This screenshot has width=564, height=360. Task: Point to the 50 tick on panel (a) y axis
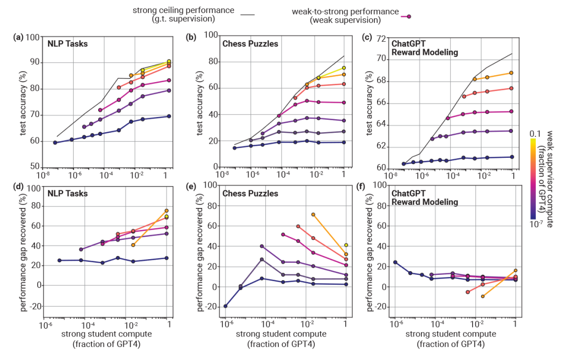point(34,167)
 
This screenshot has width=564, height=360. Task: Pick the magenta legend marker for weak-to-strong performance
point(409,16)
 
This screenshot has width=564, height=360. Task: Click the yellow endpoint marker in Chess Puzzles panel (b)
point(344,67)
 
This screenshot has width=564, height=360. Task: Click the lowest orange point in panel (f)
point(483,296)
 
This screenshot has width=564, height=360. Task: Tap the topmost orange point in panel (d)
point(167,211)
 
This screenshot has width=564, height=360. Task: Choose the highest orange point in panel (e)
point(313,214)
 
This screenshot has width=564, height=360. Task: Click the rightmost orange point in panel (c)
point(511,73)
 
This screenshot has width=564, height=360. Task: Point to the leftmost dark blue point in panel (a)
point(55,142)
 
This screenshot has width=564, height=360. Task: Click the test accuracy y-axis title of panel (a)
point(24,102)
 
